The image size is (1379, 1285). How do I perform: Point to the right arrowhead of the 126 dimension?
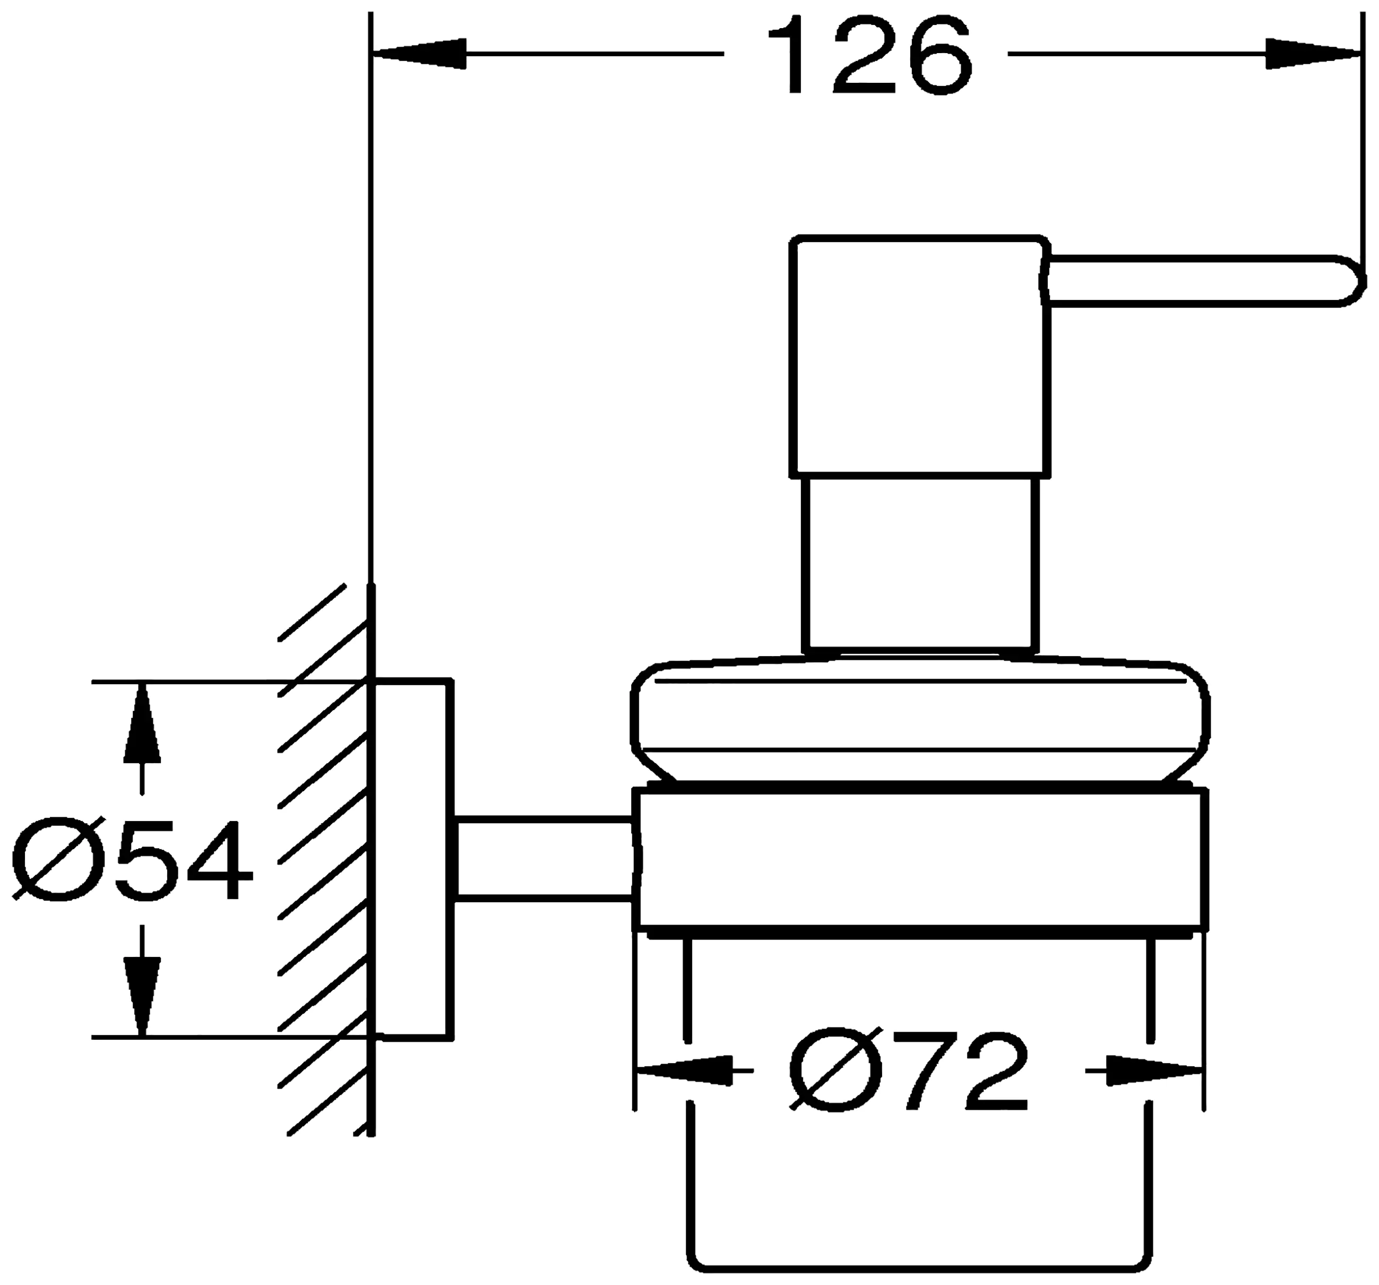[x=1311, y=54]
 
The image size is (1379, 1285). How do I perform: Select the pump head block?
[x=920, y=356]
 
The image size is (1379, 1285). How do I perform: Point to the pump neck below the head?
[x=920, y=563]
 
